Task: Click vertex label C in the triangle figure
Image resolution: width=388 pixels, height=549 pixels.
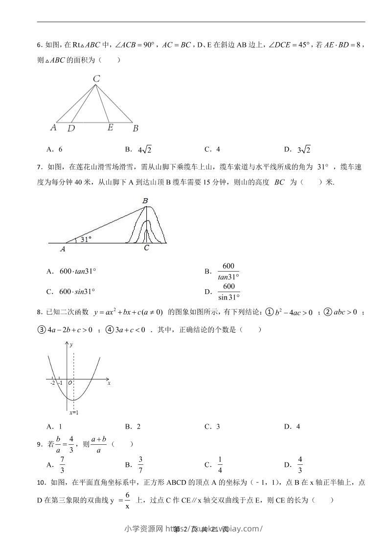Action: point(96,78)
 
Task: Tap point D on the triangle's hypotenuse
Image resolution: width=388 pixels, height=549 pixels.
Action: point(71,128)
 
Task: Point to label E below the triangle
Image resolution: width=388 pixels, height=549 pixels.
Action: point(111,127)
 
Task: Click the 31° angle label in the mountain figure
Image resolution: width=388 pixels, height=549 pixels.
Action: point(86,239)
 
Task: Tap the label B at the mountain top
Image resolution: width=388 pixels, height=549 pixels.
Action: point(145,201)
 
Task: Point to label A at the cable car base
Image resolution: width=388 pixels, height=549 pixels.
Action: point(63,249)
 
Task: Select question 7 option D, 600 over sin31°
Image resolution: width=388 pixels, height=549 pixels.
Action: point(228,292)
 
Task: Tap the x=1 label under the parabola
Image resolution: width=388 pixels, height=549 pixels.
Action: point(74,413)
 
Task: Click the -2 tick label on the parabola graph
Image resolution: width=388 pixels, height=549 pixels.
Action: point(52,383)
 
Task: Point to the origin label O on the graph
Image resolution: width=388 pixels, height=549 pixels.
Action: point(70,383)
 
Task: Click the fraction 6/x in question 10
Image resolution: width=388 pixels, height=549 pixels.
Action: point(127,501)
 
